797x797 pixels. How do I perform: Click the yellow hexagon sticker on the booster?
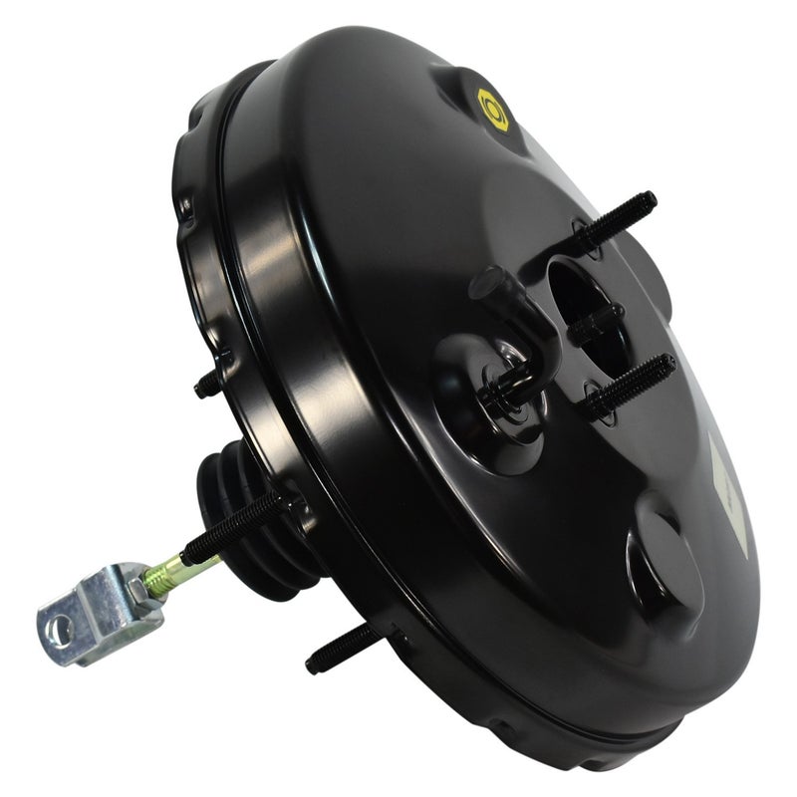click(x=493, y=110)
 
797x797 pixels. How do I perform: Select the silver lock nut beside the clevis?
click(x=139, y=588)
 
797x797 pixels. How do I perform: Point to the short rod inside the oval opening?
click(x=596, y=324)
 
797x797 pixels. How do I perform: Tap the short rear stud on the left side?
click(x=210, y=383)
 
